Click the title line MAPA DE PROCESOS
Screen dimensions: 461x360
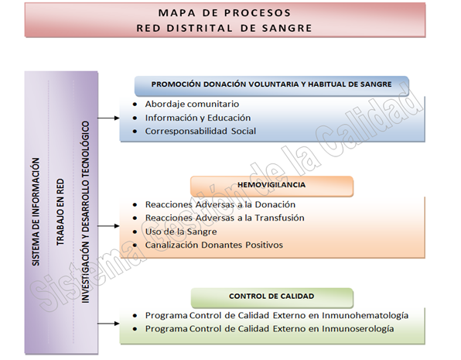[x=224, y=13]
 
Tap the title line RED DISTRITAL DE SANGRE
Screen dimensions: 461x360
[x=224, y=29]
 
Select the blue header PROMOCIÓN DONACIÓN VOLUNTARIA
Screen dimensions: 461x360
[x=271, y=84]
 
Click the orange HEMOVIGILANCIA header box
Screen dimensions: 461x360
[x=271, y=185]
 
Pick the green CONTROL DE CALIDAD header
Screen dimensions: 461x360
[x=271, y=297]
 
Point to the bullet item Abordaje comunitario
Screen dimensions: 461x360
[x=192, y=105]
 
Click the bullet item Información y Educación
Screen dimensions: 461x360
[x=198, y=118]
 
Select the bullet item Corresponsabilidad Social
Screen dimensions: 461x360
[x=200, y=131]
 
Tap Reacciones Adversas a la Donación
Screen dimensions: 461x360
[x=220, y=204]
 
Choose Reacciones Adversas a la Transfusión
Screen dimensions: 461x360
[x=224, y=218]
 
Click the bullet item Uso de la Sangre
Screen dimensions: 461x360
[x=181, y=231]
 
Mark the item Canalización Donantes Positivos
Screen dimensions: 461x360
[x=214, y=245]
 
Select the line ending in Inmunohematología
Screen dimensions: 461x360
[x=277, y=316]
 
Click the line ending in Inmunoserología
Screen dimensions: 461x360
[x=269, y=329]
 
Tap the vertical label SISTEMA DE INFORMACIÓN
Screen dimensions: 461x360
[x=36, y=212]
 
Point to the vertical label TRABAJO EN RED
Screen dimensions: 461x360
[x=60, y=212]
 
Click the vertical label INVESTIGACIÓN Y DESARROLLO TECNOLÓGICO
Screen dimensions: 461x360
[x=85, y=212]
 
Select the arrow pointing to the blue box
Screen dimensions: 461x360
[x=108, y=118]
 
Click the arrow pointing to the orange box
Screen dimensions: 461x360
[x=108, y=226]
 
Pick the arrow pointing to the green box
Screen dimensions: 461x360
[x=108, y=324]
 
